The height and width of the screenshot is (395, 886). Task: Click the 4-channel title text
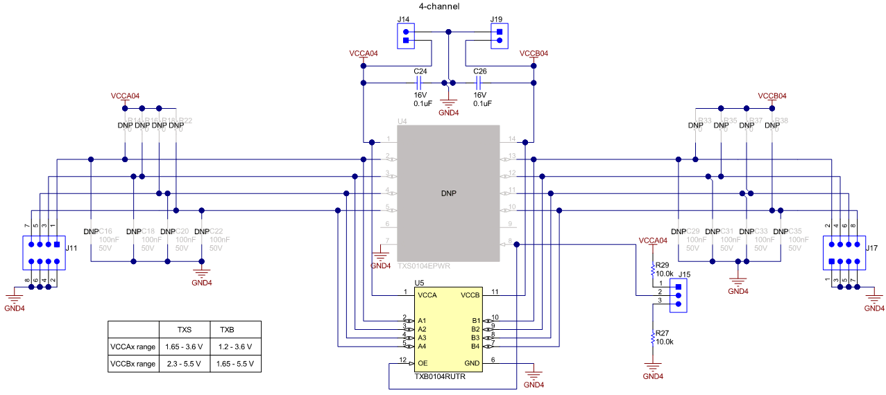tap(439, 6)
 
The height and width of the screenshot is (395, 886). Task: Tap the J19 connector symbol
tap(497, 36)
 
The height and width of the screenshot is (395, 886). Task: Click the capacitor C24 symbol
tap(420, 83)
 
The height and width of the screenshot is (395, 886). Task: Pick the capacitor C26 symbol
tap(479, 83)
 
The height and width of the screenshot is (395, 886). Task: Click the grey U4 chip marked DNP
tap(448, 193)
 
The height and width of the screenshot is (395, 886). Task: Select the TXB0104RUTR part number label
tap(440, 377)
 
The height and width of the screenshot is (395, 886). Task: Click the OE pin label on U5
tap(423, 363)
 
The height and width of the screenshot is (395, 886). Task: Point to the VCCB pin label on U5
tap(470, 295)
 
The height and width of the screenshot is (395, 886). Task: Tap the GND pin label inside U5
tap(472, 363)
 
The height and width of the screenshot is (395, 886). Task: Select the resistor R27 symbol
tap(652, 339)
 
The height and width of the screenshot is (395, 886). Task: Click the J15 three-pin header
tap(678, 295)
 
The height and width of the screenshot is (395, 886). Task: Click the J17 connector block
tap(844, 254)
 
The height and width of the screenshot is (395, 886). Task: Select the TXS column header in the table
tap(184, 329)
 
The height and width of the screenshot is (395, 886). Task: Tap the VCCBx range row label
tap(133, 364)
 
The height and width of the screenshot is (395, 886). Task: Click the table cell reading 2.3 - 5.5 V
tap(184, 364)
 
